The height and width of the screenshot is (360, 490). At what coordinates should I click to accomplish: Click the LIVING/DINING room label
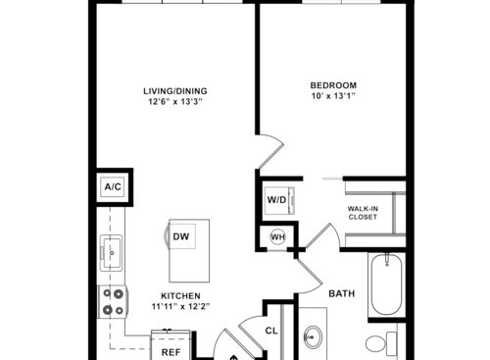[x=175, y=91]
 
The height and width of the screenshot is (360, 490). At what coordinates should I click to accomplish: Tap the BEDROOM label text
[x=333, y=85]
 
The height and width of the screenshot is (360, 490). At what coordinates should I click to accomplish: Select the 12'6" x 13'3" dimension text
[x=175, y=101]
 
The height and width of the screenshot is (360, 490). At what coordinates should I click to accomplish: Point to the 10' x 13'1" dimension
[x=333, y=96]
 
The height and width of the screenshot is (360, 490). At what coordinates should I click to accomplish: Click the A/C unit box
[x=113, y=187]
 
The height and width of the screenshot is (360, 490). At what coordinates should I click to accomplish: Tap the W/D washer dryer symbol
[x=279, y=200]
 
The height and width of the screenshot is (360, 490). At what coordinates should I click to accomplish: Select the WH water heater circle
[x=278, y=236]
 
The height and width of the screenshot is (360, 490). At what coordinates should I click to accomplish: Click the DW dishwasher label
[x=181, y=236]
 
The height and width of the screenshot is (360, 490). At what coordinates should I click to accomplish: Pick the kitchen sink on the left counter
[x=112, y=253]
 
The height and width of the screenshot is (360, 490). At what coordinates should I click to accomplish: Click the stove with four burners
[x=113, y=301]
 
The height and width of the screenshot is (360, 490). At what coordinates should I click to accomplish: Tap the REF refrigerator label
[x=171, y=352]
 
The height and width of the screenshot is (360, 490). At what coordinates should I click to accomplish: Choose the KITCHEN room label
[x=180, y=296]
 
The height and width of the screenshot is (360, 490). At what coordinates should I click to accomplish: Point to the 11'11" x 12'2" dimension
[x=180, y=306]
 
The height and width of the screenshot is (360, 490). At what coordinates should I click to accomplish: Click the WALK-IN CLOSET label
[x=363, y=213]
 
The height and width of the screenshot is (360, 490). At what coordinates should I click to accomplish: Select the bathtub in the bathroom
[x=386, y=283]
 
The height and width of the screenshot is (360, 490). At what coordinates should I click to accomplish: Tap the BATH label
[x=342, y=293]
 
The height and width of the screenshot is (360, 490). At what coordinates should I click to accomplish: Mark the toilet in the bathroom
[x=381, y=343]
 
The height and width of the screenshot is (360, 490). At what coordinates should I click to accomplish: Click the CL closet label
[x=271, y=331]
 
